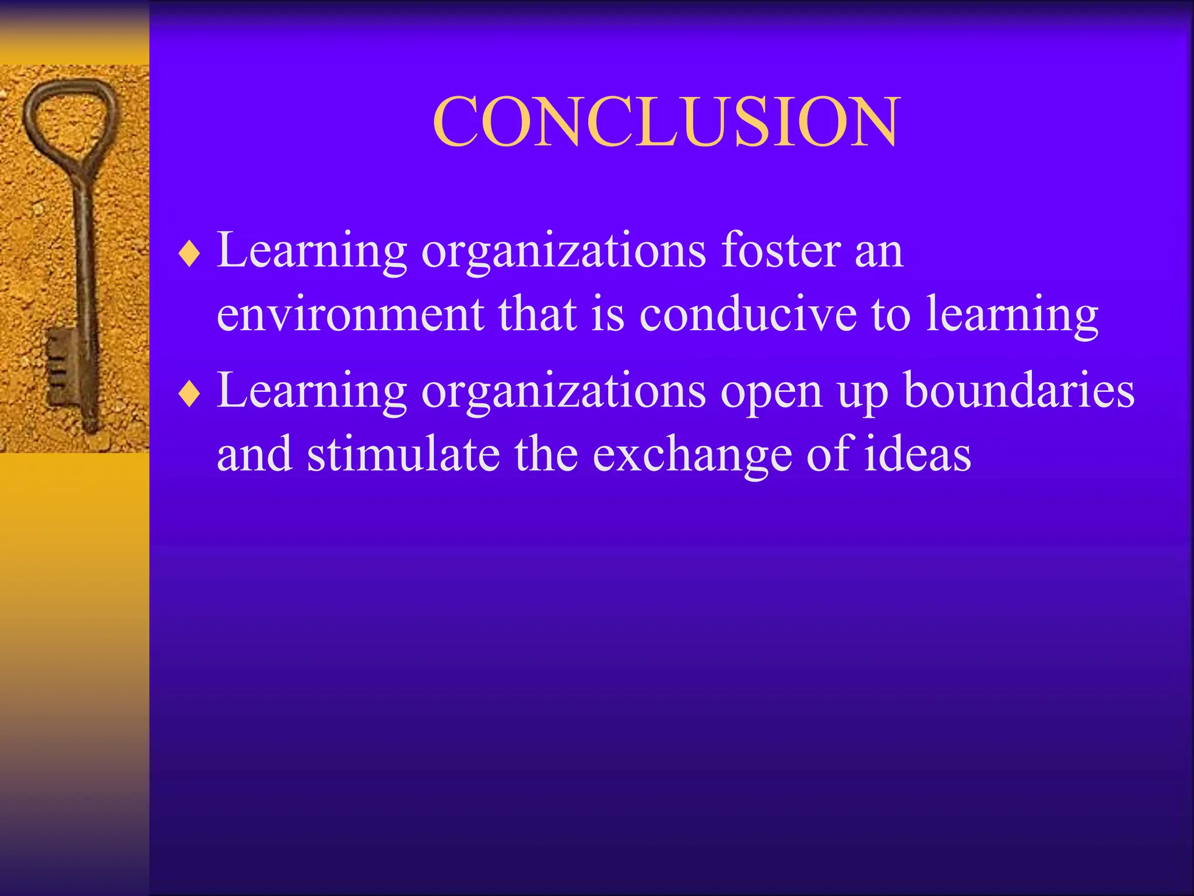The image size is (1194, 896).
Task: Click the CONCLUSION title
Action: tap(666, 121)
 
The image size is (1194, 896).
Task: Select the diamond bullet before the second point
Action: tap(189, 395)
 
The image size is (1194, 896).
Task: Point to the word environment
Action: tap(350, 315)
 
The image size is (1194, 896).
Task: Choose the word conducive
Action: tap(748, 315)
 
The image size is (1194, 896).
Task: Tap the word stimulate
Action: tap(403, 455)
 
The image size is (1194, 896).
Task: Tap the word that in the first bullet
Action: tap(536, 315)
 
